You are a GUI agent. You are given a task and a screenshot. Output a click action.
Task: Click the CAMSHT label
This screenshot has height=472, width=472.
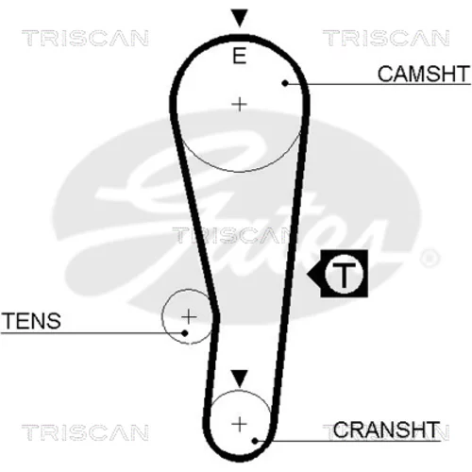click(x=424, y=74)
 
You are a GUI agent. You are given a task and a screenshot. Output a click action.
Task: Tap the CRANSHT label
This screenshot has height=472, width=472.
click(x=386, y=430)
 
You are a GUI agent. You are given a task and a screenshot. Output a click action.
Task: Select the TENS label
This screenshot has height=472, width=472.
click(x=31, y=321)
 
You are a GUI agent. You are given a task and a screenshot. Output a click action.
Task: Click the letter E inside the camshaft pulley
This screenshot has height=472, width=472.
click(x=239, y=56)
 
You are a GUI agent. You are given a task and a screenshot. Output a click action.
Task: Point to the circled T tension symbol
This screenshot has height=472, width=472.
click(x=344, y=274)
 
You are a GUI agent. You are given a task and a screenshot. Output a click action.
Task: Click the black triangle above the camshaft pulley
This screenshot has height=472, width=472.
click(x=240, y=18)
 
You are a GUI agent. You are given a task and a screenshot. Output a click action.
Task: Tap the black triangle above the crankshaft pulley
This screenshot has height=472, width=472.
click(x=240, y=379)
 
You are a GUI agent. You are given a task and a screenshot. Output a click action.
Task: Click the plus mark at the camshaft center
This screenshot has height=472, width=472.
click(x=239, y=104)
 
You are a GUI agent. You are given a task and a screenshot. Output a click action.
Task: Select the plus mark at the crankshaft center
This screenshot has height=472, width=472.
click(x=239, y=425)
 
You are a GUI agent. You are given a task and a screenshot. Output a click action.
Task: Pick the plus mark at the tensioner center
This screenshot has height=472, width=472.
click(x=189, y=316)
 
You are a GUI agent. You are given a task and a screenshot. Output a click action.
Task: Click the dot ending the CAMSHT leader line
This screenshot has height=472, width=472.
click(x=285, y=83)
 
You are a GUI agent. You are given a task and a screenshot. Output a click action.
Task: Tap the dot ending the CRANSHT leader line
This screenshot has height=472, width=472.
click(x=255, y=441)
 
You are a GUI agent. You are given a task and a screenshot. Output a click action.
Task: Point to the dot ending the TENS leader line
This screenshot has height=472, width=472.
click(x=185, y=333)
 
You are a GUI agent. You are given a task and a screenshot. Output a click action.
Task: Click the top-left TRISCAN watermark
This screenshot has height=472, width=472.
click(x=85, y=38)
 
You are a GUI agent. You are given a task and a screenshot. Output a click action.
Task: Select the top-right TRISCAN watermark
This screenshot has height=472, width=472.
click(x=386, y=38)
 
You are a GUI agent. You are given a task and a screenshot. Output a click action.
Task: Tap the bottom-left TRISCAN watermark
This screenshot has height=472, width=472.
click(x=85, y=432)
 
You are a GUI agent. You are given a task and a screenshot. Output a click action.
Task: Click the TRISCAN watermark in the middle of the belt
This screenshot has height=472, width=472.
click(x=231, y=235)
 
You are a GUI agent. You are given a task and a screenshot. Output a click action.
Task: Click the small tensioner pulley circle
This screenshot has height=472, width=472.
click(x=162, y=316)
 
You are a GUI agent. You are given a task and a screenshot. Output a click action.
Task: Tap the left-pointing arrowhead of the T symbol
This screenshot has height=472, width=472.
click(x=314, y=274)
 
